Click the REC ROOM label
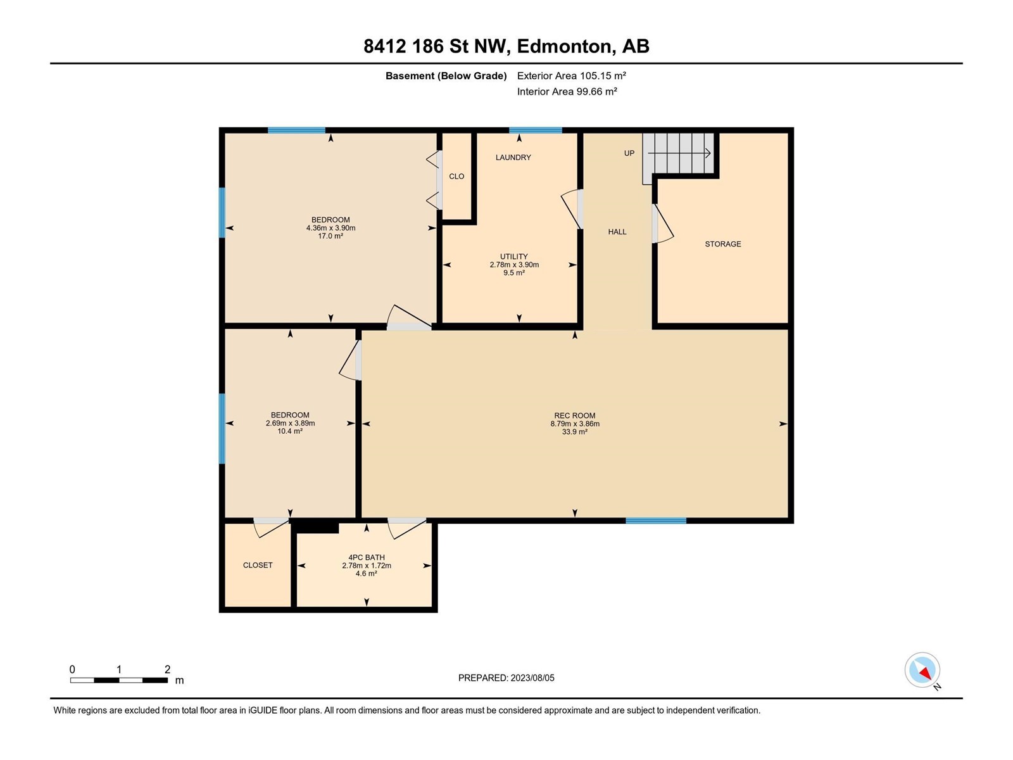pos(575,415)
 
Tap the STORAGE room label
pos(723,244)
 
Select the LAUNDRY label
pos(513,157)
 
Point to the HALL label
pos(617,232)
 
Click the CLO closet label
pos(456,176)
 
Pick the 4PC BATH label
pos(367,557)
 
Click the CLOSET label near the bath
pos(258,566)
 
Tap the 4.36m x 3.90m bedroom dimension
pos(330,228)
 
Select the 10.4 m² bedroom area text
pos(290,431)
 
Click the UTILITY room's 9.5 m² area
pos(513,273)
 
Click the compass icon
pos(922,670)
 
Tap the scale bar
pos(119,680)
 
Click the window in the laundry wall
pos(536,130)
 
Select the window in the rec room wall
pos(656,521)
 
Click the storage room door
pos(663,224)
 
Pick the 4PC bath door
pos(406,528)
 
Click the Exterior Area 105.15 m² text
pos(571,75)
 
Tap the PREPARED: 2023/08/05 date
pos(507,678)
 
